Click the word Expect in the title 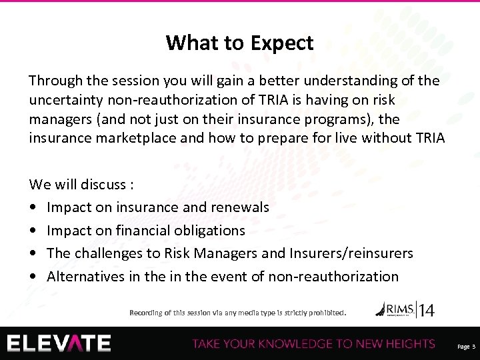tap(282, 43)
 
